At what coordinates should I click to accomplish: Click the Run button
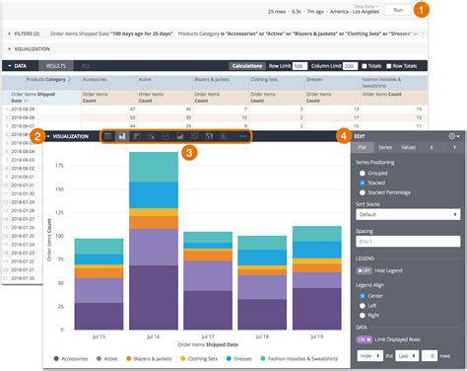(398, 10)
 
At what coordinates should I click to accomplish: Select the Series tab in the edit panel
(385, 146)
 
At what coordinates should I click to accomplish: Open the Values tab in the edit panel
(407, 146)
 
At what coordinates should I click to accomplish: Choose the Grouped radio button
(362, 172)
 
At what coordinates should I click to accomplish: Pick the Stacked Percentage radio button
(362, 191)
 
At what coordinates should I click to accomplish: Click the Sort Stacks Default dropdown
(405, 213)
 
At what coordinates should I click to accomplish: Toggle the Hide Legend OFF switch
(365, 269)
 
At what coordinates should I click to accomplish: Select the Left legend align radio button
(362, 305)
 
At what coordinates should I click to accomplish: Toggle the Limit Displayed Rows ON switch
(365, 338)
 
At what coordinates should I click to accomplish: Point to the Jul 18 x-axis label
(262, 336)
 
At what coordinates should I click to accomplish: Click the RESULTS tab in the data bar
(56, 66)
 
